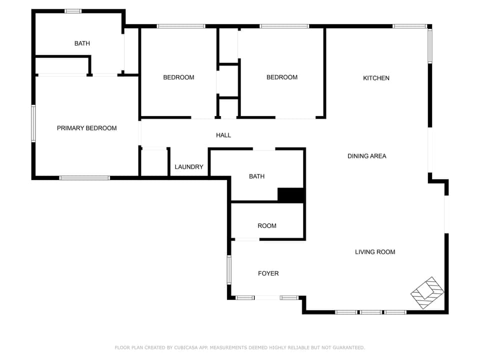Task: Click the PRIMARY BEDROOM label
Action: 86,128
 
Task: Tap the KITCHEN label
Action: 376,78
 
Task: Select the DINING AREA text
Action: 366,156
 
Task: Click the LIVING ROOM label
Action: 375,252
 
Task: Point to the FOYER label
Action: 268,273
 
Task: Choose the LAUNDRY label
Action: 189,167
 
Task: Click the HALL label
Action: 223,135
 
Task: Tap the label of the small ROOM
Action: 267,226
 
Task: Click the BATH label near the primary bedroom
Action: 82,43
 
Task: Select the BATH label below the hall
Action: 256,176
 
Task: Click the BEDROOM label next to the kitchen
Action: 282,77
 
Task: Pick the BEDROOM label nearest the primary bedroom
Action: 178,77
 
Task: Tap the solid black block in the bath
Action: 290,195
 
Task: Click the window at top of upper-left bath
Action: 73,11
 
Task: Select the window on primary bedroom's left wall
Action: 33,123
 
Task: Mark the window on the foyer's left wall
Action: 229,269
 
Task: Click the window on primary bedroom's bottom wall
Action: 84,177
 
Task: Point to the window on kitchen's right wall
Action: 429,45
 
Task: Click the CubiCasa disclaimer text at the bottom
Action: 240,347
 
